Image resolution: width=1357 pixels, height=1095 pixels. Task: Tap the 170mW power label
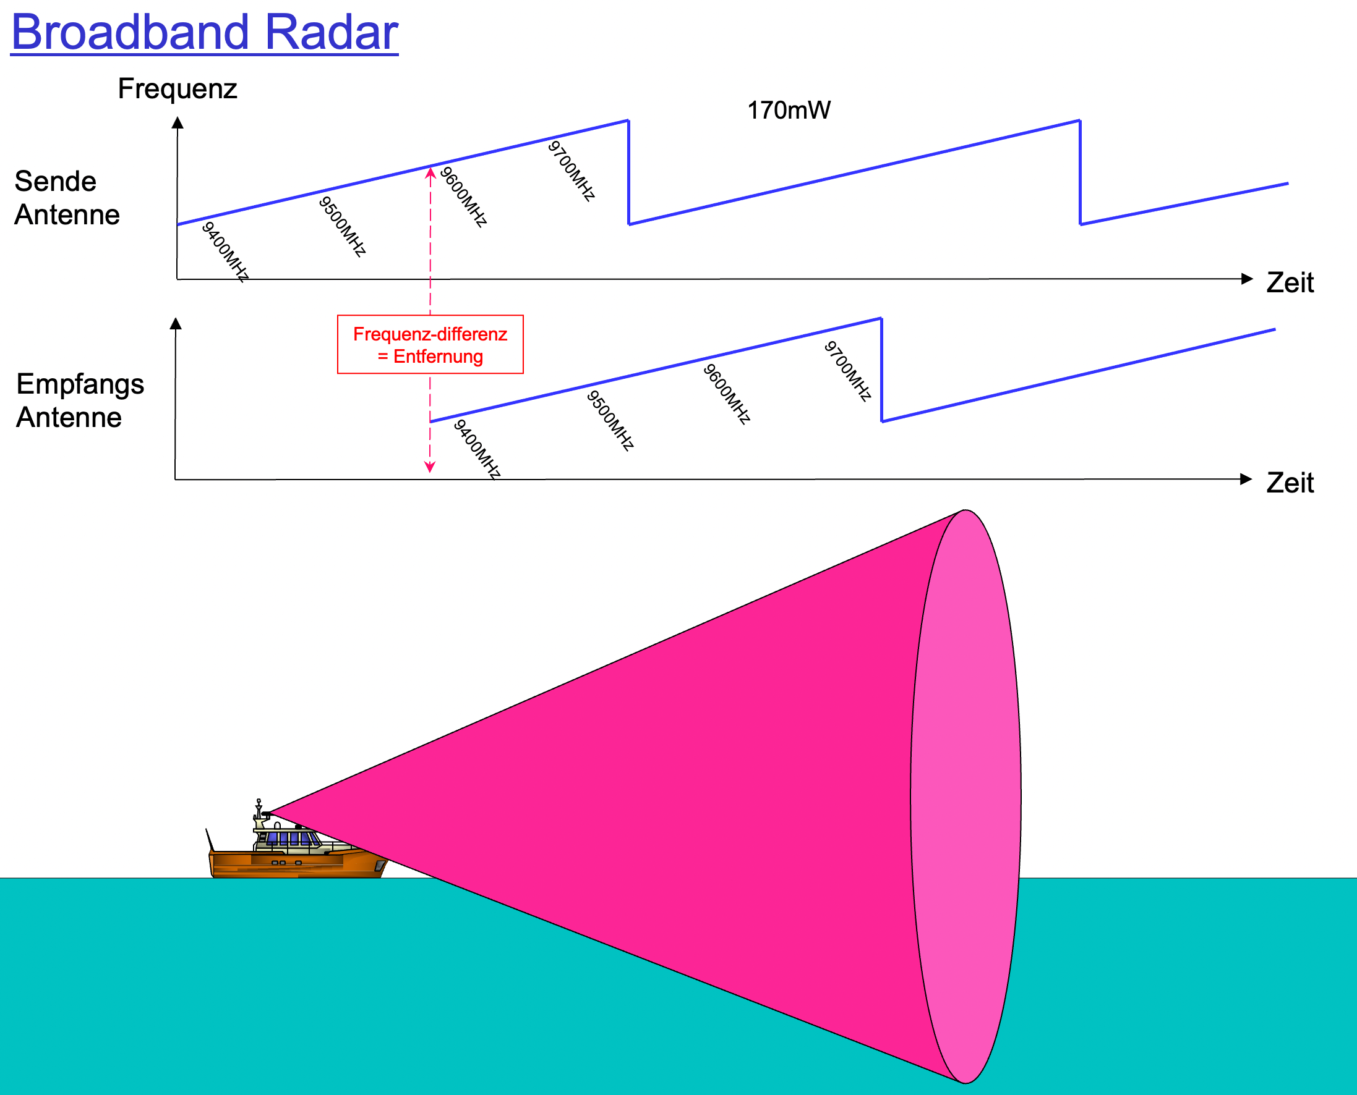789,111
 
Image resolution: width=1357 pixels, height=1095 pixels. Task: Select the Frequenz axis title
178,88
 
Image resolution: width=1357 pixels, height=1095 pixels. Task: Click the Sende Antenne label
67,197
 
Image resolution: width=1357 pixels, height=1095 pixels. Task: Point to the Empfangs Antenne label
80,400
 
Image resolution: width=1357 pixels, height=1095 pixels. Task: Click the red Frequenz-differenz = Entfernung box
430,344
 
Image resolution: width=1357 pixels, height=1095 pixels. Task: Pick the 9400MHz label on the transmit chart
225,251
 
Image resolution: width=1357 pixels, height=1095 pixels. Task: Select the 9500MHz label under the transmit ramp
342,226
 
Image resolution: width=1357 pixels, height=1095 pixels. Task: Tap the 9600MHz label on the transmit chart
463,196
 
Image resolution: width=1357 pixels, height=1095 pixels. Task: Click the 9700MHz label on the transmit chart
571,171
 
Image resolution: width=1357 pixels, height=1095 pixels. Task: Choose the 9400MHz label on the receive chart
477,449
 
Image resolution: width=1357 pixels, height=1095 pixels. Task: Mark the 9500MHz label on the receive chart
610,420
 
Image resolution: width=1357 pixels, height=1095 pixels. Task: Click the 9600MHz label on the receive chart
727,394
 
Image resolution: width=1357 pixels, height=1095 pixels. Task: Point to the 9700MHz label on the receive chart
847,371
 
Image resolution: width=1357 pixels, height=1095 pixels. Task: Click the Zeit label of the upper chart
1290,282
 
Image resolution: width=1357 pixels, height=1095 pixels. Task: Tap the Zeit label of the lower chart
1290,483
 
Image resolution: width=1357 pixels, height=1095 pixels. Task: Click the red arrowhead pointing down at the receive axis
430,467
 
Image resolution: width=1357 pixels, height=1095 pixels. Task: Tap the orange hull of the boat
297,863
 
